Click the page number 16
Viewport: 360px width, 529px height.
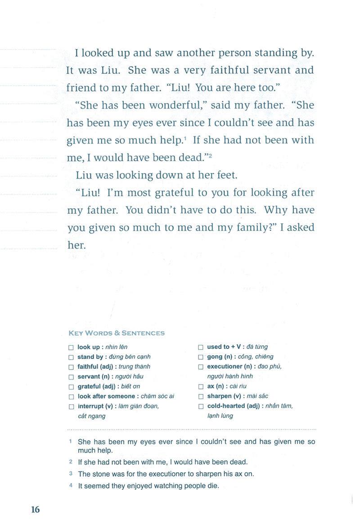36,509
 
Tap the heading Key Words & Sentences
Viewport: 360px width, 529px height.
116,333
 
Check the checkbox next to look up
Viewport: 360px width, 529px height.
71,348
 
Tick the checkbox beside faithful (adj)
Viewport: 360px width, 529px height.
71,367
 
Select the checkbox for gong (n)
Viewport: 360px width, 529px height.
201,357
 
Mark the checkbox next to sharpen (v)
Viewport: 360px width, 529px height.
201,397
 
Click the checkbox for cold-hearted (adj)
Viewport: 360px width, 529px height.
201,407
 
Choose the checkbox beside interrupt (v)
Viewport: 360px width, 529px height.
71,407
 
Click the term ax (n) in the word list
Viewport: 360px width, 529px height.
215,386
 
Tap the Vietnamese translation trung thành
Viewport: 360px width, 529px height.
135,366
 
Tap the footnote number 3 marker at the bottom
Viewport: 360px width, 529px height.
71,474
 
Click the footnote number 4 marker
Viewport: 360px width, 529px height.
71,485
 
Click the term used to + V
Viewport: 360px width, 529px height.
224,347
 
